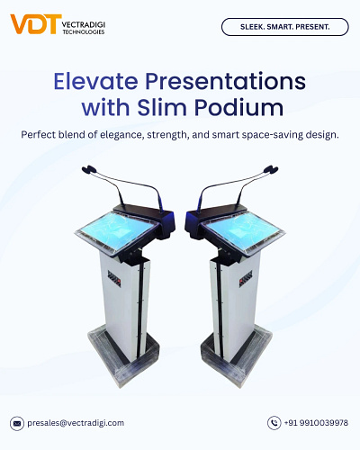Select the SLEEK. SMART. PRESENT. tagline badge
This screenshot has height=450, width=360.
click(284, 27)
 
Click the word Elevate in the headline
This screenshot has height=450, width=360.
click(96, 81)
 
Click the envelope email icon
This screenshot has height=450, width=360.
click(17, 422)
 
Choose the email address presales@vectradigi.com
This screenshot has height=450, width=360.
click(76, 422)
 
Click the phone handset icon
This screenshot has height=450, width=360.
click(274, 422)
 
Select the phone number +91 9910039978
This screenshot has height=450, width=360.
click(316, 422)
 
